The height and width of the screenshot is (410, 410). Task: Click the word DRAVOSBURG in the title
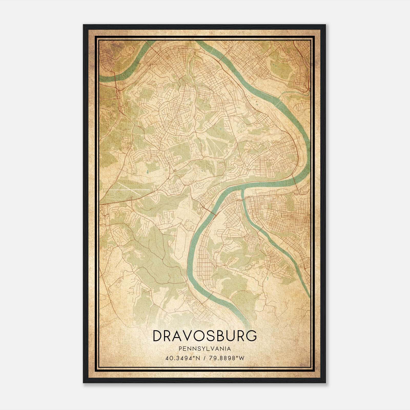click(204, 336)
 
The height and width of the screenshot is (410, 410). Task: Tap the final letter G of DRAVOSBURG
click(251, 336)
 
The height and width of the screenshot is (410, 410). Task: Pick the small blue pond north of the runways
click(148, 171)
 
